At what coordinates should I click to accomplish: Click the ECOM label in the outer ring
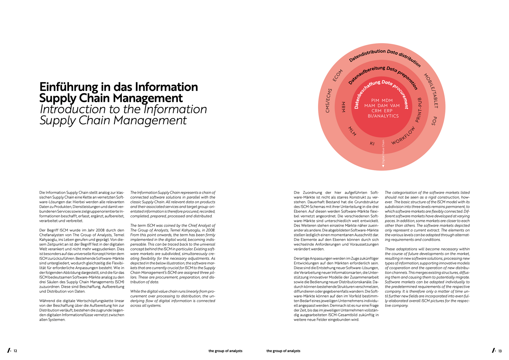pos(337,76)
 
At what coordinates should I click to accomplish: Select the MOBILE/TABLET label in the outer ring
pos(431,91)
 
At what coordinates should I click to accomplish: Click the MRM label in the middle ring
pos(344,107)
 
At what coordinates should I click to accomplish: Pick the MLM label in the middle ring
pos(352,131)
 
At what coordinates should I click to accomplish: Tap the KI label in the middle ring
pos(372,143)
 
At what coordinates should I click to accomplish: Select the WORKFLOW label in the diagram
pos(403,136)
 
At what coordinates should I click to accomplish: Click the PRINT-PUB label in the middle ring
pos(419,110)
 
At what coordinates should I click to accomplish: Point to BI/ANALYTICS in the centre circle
pos(383,116)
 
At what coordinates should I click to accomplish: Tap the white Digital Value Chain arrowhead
pos(383,166)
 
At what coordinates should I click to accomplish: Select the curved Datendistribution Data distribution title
pos(385,56)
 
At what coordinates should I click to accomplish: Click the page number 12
pos(15,351)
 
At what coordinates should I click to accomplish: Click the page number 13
pos(500,351)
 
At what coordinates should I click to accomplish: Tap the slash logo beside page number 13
pos(494,350)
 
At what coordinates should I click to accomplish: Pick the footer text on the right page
pos(283,351)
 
